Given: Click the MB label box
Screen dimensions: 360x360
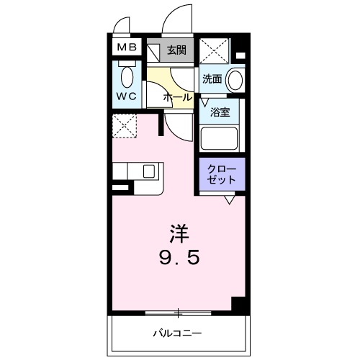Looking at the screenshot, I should tap(127, 49).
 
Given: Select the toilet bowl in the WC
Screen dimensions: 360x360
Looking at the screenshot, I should tap(127, 76).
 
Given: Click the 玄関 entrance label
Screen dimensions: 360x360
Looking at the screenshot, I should tap(177, 50).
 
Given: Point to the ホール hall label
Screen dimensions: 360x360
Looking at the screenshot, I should tap(178, 96).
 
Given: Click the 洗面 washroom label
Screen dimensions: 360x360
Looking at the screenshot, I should tap(212, 78).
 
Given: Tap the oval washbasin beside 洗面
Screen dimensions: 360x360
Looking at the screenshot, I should tap(235, 79).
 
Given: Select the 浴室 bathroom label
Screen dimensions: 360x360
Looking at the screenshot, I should tap(219, 112).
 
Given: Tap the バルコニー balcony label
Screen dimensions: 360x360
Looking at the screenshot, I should tap(176, 333).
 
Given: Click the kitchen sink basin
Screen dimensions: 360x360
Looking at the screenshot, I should tap(149, 171).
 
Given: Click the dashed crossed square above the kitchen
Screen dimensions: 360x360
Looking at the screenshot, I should tap(125, 125).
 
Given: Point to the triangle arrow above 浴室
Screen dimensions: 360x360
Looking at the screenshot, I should tap(204, 102).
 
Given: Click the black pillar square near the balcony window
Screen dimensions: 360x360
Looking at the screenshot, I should tap(239, 305).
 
